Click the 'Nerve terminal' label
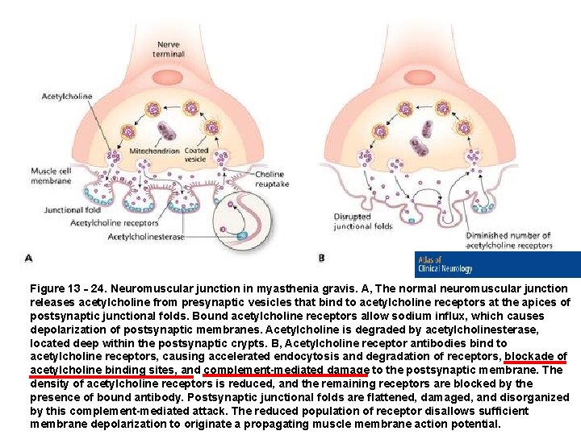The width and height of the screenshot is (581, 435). (x=169, y=48)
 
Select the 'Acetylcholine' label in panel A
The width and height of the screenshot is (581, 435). (x=67, y=97)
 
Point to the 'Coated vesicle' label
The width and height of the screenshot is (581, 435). (x=196, y=155)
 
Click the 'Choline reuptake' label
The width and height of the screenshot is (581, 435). (x=270, y=178)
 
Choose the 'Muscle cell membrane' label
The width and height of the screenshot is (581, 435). (x=51, y=176)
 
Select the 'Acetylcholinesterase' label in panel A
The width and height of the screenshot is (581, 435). (x=146, y=237)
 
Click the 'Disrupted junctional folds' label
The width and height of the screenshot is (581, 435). (x=363, y=222)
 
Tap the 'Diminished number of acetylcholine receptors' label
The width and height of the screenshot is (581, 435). (x=508, y=240)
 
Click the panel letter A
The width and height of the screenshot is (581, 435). (x=28, y=259)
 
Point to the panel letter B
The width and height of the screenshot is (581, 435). (x=321, y=259)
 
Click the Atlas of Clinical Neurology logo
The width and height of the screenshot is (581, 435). (x=497, y=264)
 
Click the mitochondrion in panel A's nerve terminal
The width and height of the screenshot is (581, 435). (x=168, y=130)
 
